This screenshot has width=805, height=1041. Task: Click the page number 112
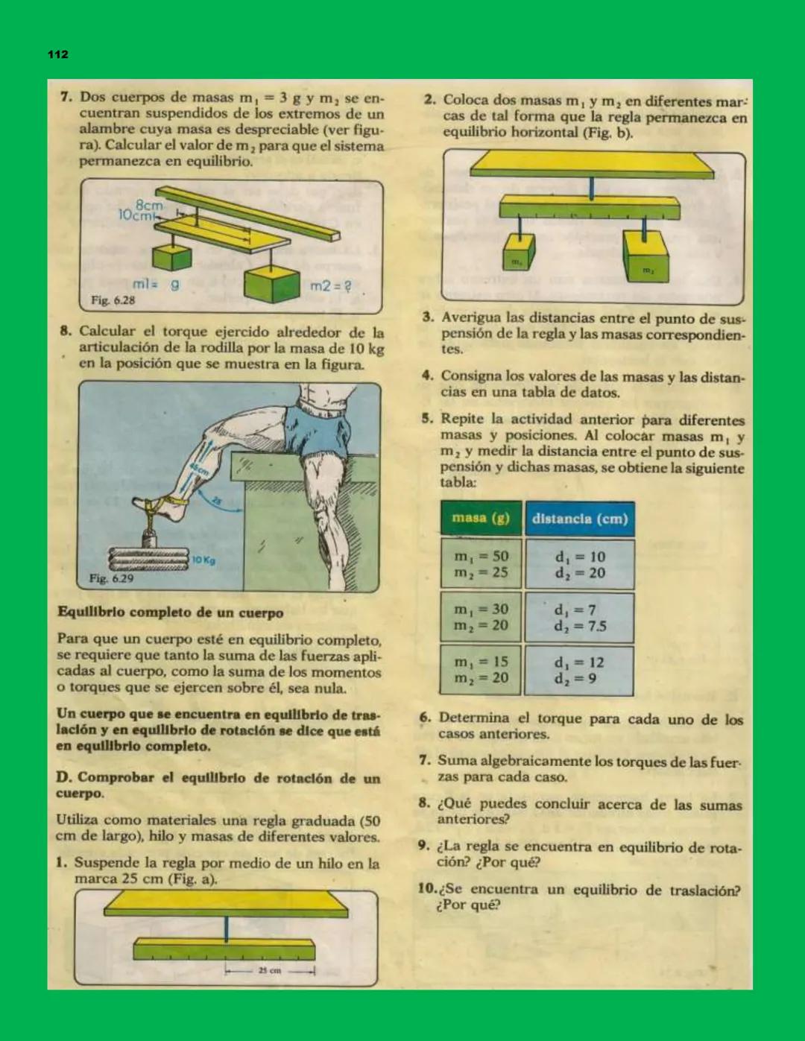(x=57, y=54)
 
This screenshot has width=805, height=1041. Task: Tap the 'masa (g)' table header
(x=480, y=518)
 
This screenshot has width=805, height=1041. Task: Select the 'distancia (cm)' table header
(x=579, y=519)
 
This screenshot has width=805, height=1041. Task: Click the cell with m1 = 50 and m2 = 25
(x=481, y=565)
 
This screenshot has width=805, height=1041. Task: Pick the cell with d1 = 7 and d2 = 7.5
(x=579, y=618)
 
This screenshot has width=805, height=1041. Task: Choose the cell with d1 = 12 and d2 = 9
(x=579, y=671)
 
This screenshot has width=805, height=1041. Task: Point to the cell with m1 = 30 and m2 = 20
(x=481, y=618)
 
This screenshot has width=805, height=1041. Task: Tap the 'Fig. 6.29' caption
(x=111, y=578)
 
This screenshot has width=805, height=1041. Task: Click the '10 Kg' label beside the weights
(x=203, y=560)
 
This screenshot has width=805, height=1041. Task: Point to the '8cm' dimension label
(x=149, y=204)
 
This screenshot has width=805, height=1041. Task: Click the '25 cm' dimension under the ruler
(x=270, y=970)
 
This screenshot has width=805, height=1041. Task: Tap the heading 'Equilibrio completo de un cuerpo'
(x=170, y=613)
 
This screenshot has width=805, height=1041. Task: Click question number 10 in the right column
(x=427, y=889)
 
